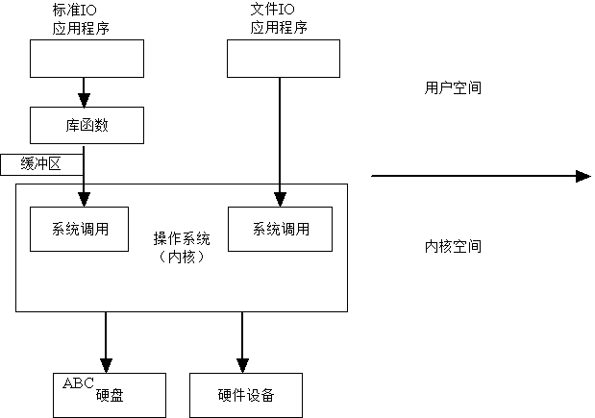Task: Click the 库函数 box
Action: (87, 125)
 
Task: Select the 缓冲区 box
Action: (39, 164)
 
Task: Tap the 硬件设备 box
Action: (246, 395)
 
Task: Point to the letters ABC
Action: (78, 382)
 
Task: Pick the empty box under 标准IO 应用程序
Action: (87, 59)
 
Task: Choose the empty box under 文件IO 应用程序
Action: (284, 59)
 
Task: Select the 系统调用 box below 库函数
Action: (79, 230)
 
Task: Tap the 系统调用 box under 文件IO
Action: (281, 230)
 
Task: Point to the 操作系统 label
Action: (182, 238)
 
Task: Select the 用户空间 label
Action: (453, 87)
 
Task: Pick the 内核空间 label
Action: (453, 247)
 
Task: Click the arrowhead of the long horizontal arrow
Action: (583, 176)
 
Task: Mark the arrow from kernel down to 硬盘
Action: (105, 341)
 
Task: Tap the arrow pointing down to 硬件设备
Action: (241, 341)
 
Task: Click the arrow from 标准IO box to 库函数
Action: (85, 92)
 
